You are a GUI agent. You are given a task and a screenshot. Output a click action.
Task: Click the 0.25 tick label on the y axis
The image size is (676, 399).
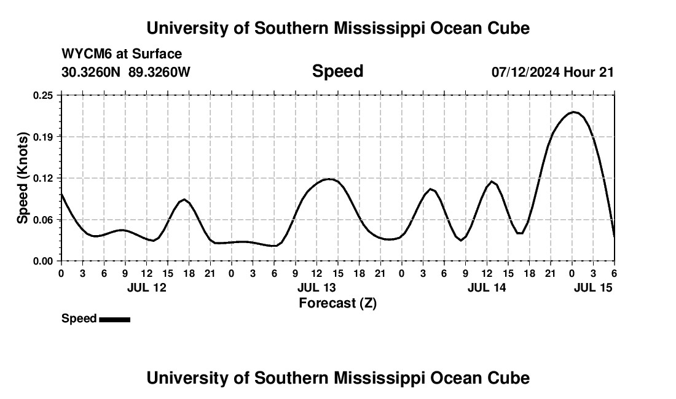43,95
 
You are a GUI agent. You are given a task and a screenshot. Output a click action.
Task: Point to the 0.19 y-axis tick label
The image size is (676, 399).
43,136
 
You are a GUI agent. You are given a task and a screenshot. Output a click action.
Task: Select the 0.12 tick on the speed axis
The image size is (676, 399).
43,178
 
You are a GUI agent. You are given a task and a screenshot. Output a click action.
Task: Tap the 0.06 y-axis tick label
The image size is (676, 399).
43,220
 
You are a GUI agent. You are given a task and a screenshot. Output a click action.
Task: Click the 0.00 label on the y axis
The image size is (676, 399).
43,261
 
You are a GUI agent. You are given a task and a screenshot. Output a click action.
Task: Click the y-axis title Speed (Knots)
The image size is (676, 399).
23,178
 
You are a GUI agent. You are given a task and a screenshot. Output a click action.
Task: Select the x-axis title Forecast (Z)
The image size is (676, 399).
337,303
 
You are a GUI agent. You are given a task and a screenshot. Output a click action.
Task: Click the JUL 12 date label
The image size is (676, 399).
147,287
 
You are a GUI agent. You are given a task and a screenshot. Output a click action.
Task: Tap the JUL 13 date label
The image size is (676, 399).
317,287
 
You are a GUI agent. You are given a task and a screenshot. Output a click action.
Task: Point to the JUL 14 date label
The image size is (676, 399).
487,287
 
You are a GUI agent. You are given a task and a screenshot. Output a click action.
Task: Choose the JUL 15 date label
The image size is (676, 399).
594,287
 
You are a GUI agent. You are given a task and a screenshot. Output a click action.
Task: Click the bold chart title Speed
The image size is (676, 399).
337,71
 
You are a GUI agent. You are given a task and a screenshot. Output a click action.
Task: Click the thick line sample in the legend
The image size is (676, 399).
114,319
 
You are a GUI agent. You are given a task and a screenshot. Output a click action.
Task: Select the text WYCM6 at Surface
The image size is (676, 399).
122,55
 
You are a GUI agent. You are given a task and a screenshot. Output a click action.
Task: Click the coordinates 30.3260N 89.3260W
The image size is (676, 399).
126,72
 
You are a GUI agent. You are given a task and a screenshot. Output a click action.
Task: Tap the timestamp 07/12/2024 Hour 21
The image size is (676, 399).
552,72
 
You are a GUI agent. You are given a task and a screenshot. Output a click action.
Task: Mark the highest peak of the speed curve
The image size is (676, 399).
573,112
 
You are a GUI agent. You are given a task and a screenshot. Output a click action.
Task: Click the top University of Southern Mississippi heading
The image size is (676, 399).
337,28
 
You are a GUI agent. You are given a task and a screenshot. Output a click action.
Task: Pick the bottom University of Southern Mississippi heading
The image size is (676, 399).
337,378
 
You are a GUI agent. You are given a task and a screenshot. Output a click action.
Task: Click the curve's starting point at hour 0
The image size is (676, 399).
61,194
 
